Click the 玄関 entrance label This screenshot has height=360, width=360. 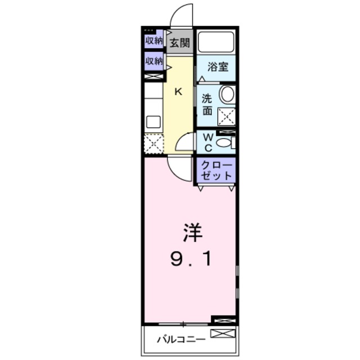[180, 42]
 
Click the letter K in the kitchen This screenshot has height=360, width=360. [178, 92]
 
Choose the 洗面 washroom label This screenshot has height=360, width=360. [207, 104]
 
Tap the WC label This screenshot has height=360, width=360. [207, 143]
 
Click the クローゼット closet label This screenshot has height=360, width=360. [216, 170]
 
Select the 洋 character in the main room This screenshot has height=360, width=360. [191, 232]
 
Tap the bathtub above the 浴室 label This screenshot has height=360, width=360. [216, 42]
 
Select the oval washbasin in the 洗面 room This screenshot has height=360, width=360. [227, 94]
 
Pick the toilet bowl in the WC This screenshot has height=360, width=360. [224, 143]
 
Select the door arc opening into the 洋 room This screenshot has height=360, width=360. [179, 167]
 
